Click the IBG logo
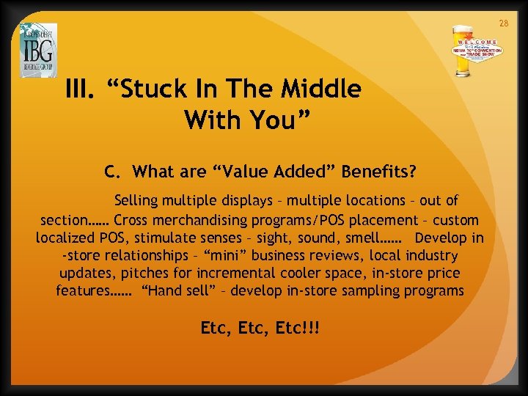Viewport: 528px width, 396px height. (x=37, y=51)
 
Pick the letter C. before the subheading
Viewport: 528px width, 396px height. (x=111, y=172)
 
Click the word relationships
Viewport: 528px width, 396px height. (x=147, y=256)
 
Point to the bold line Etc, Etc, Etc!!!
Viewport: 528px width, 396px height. (x=260, y=328)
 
